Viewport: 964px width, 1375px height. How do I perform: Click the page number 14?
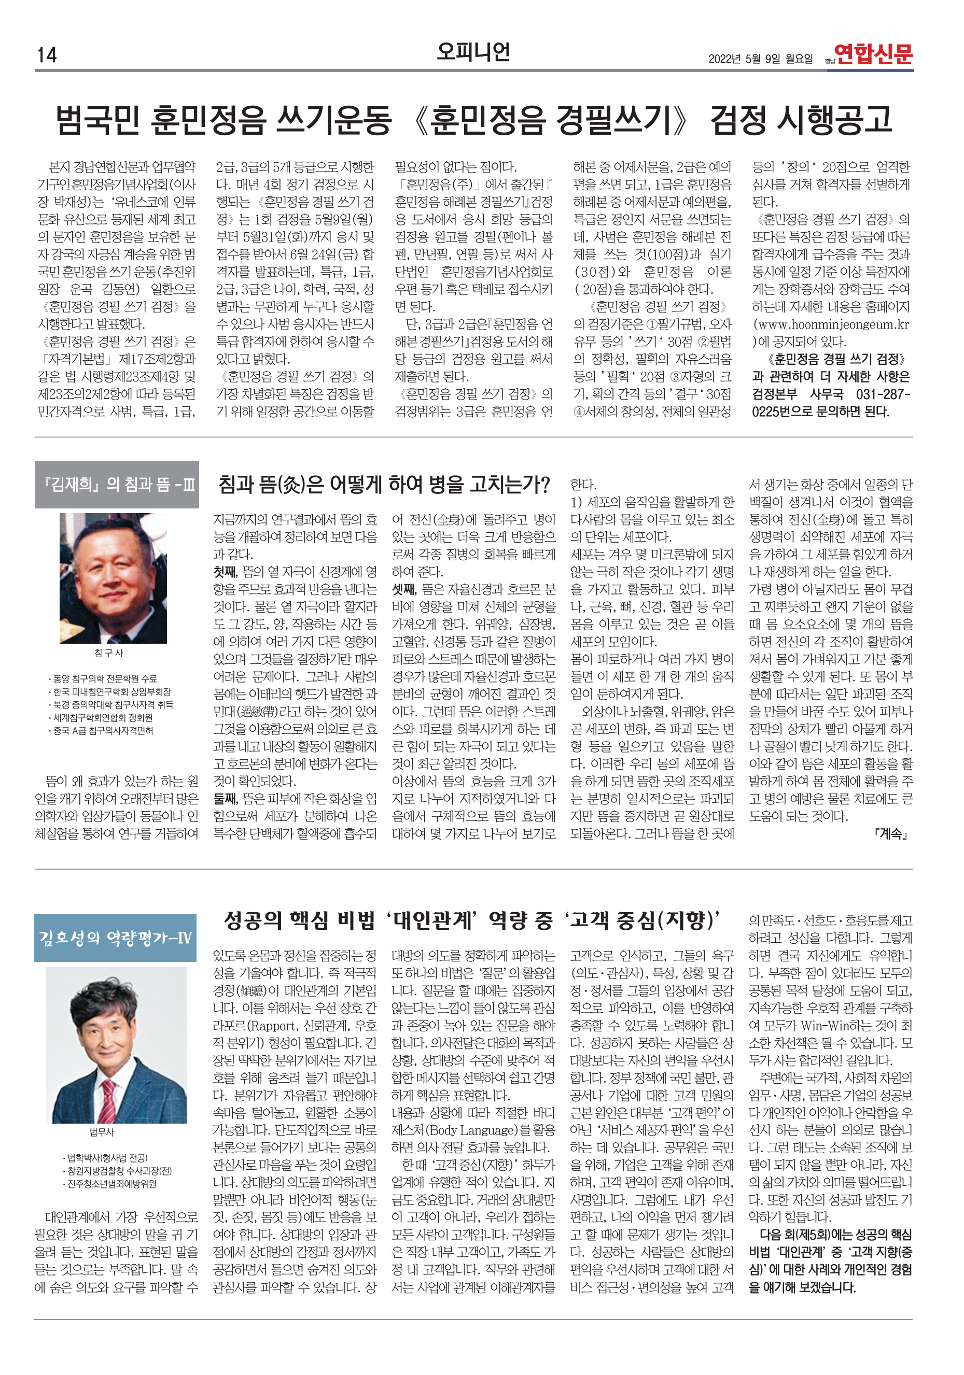pyautogui.click(x=47, y=55)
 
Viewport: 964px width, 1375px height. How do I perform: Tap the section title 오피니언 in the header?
pyautogui.click(x=473, y=52)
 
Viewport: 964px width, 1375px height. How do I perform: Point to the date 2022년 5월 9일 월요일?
pyautogui.click(x=760, y=59)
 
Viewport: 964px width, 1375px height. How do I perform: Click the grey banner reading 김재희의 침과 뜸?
pyautogui.click(x=117, y=485)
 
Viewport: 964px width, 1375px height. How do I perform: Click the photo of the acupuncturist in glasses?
pyautogui.click(x=113, y=578)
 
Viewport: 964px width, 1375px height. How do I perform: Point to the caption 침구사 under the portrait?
pyautogui.click(x=108, y=653)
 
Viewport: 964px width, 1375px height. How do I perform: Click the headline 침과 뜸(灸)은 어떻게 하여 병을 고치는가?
pyautogui.click(x=383, y=485)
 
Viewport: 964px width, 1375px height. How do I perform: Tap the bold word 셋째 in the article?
pyautogui.click(x=404, y=589)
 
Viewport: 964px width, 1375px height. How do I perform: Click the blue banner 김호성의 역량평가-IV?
pyautogui.click(x=115, y=938)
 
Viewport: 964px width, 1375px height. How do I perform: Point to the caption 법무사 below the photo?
pyautogui.click(x=102, y=1132)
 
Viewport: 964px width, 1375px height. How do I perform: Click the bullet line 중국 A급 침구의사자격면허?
pyautogui.click(x=103, y=731)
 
